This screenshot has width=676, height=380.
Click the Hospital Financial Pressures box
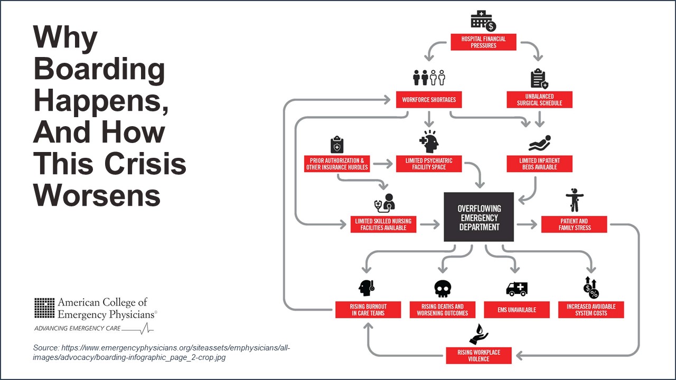(x=483, y=42)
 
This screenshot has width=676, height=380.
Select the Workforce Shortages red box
(x=429, y=100)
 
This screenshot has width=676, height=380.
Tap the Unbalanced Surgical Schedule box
(x=539, y=100)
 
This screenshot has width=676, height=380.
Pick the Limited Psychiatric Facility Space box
(x=429, y=164)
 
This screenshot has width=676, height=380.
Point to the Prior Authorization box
(x=336, y=164)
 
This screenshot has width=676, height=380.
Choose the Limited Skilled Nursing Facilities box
(x=383, y=224)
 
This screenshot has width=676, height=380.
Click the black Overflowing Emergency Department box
(x=479, y=217)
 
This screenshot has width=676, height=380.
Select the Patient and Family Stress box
(x=574, y=224)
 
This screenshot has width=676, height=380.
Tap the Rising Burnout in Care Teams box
(x=368, y=310)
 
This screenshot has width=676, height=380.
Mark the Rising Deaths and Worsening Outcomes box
(x=443, y=310)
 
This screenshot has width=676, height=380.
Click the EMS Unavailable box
(x=517, y=310)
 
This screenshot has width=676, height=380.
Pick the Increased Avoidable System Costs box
(x=591, y=310)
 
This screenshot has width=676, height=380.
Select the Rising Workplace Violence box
(x=478, y=355)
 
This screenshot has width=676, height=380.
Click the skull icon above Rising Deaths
(x=443, y=289)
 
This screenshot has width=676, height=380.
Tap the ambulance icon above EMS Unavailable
(x=517, y=289)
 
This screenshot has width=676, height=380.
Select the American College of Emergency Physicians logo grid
(x=44, y=308)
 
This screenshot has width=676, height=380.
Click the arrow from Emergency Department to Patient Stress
(x=527, y=225)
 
